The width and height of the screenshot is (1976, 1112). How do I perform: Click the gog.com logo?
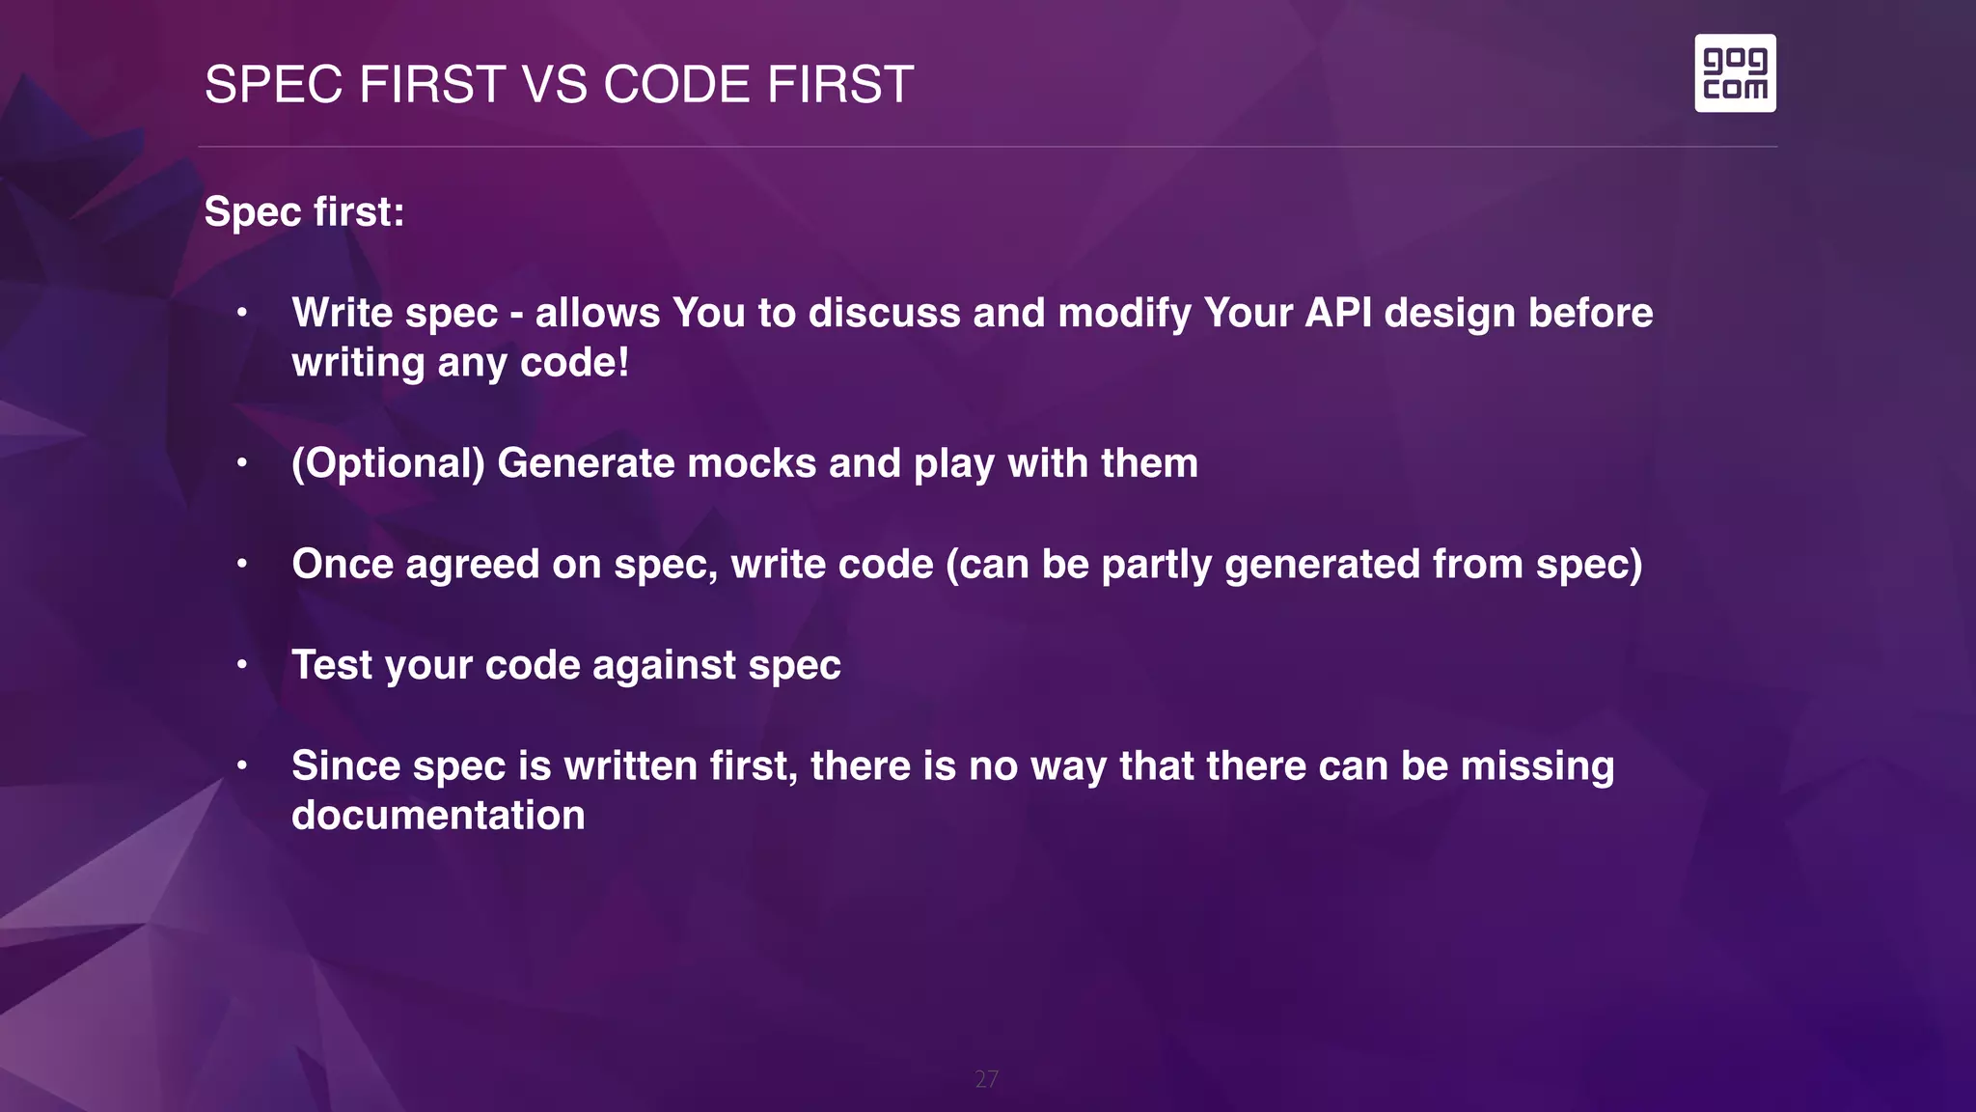[1735, 73]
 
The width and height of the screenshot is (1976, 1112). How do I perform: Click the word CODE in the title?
[676, 85]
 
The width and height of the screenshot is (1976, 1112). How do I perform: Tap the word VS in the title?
[555, 85]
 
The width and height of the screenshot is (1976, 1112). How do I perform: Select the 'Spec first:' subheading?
[304, 212]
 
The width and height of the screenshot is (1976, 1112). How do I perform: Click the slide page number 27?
[986, 1079]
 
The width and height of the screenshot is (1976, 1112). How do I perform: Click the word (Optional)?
[388, 463]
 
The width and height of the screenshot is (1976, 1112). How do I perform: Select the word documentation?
[438, 816]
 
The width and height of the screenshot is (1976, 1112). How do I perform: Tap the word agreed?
[472, 565]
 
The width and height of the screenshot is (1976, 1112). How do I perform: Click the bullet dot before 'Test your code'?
[242, 665]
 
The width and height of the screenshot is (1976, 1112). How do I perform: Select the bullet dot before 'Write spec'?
[242, 313]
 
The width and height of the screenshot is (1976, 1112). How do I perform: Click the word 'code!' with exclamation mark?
[574, 363]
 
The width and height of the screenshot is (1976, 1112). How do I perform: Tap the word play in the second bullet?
[953, 464]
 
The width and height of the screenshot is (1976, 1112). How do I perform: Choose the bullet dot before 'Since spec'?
[242, 765]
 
